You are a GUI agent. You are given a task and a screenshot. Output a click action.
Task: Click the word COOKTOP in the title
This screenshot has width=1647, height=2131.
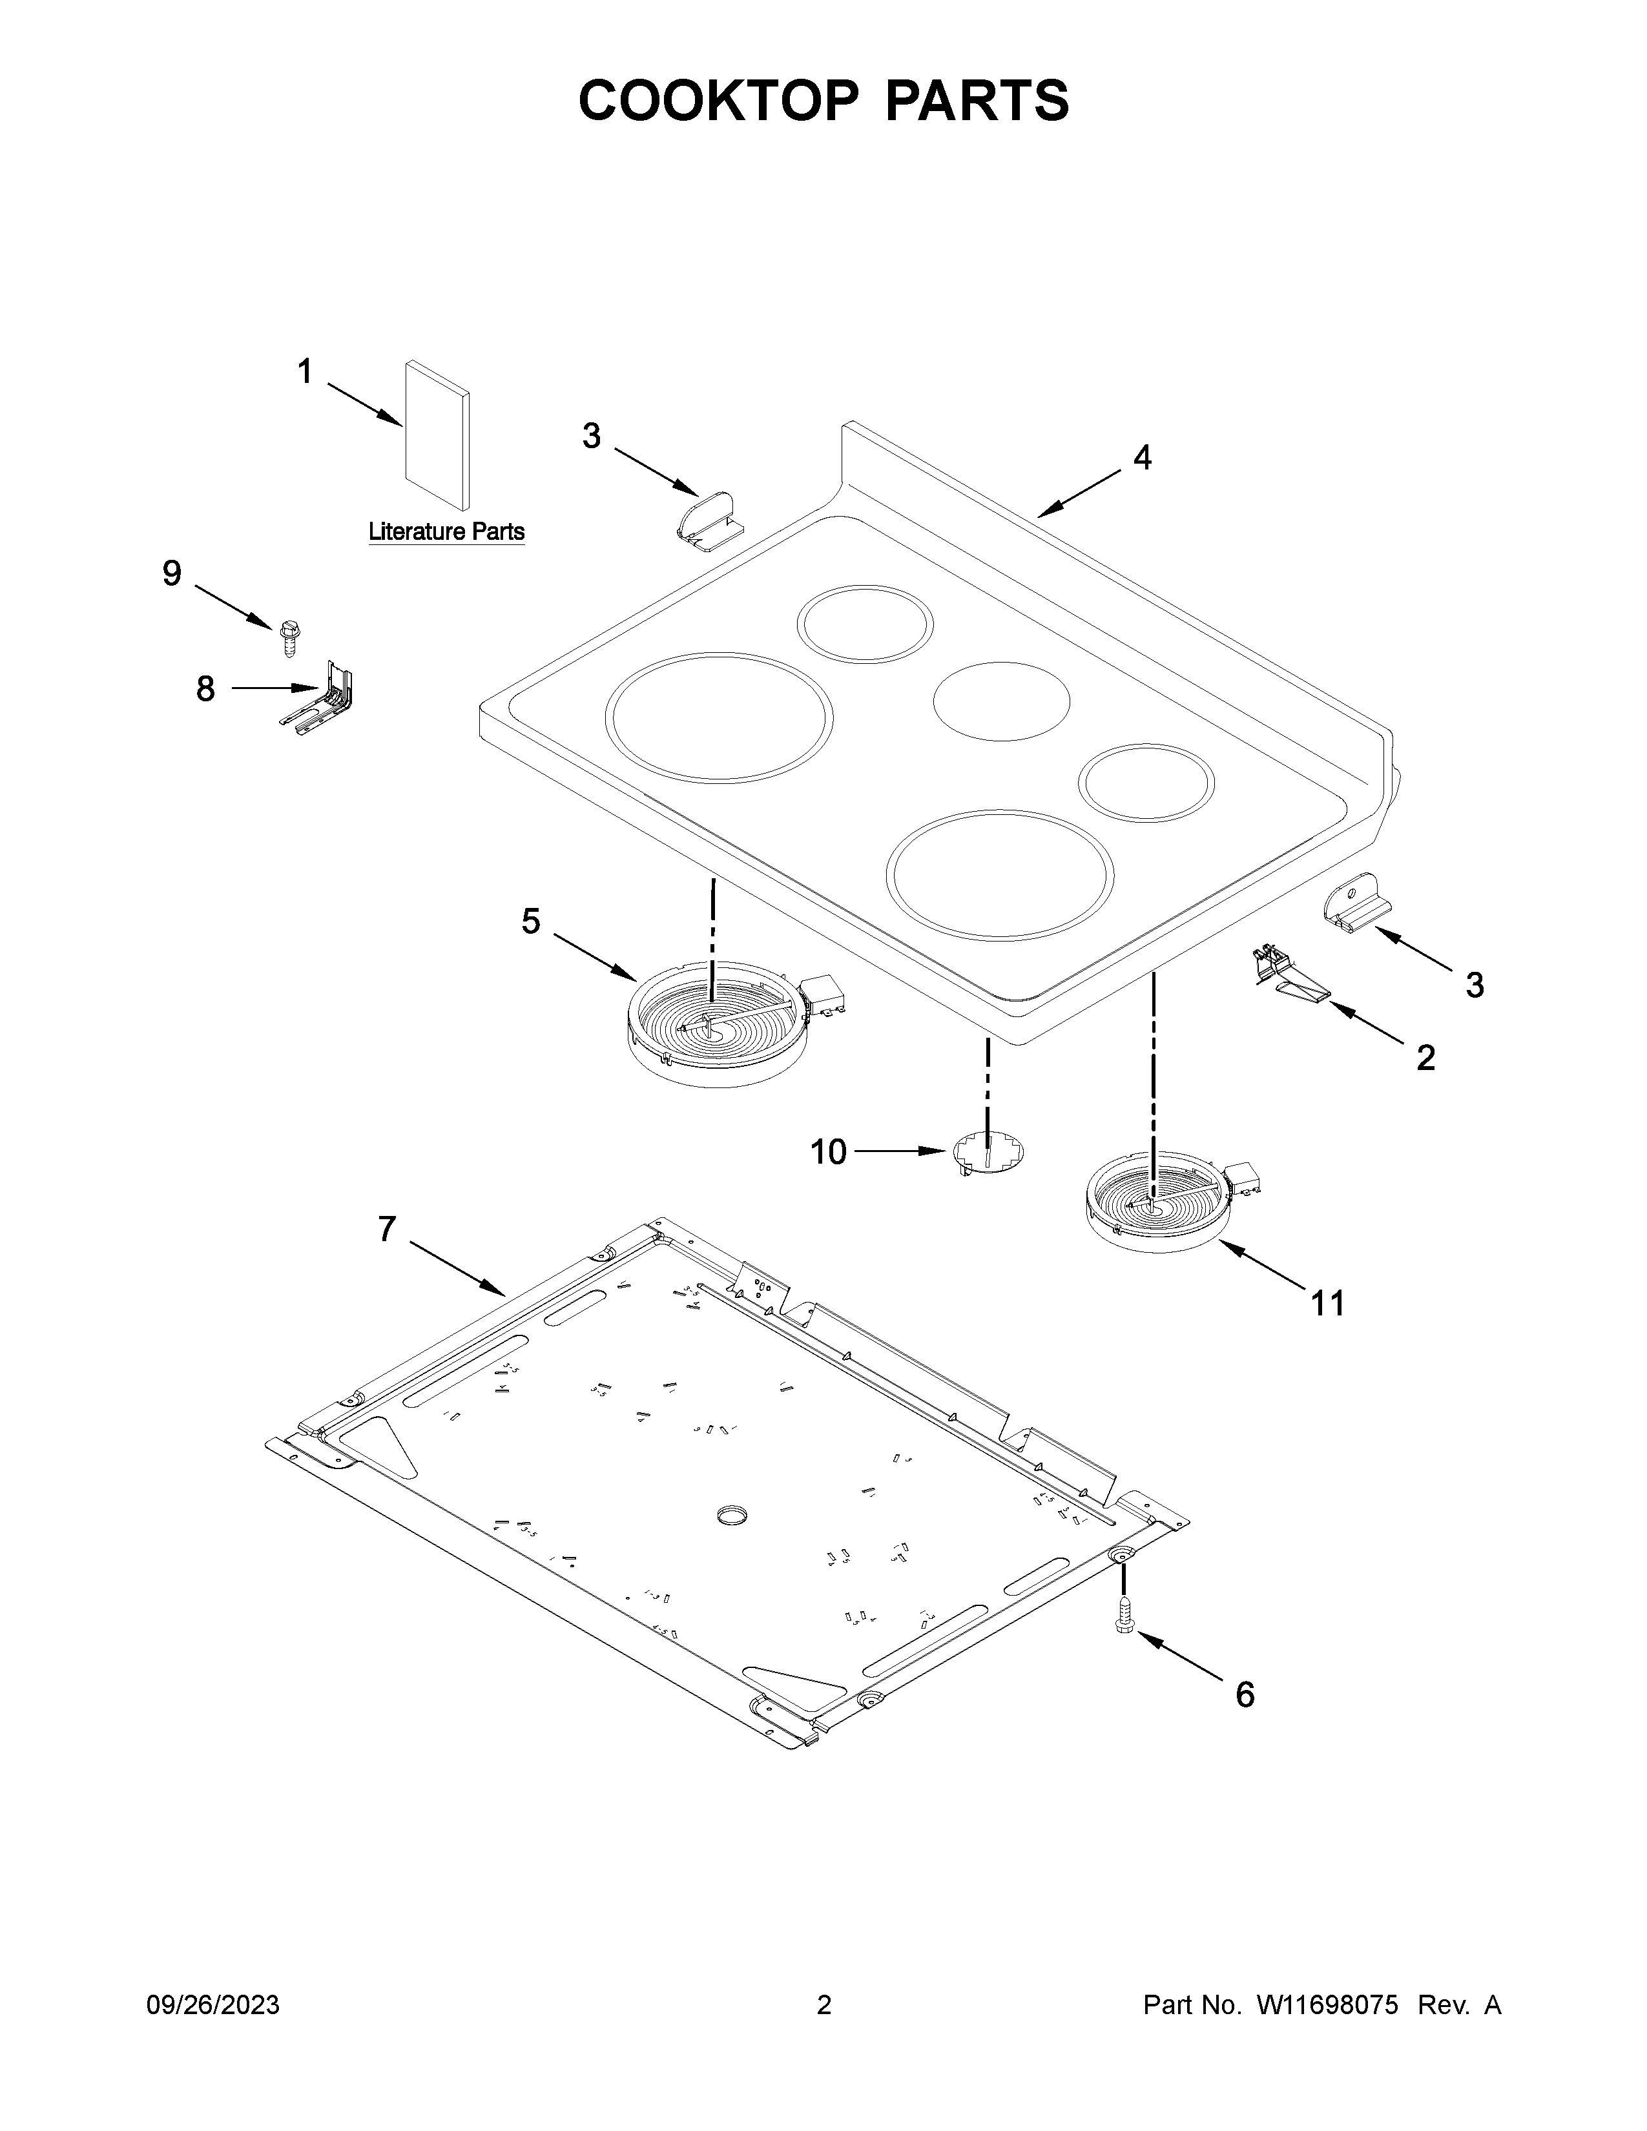719,101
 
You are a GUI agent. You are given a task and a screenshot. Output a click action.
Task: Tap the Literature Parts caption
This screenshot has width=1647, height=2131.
446,531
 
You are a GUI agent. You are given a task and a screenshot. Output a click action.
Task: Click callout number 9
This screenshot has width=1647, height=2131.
172,573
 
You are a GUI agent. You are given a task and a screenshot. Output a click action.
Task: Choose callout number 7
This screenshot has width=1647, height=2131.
388,1230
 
